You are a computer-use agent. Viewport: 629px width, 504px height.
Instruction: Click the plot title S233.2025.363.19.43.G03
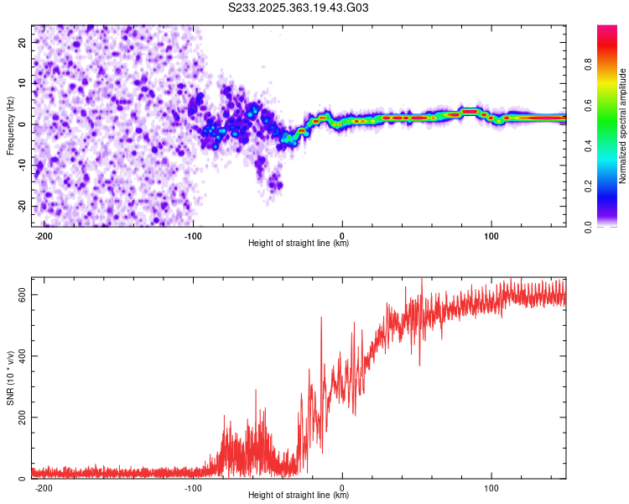pyautogui.click(x=298, y=8)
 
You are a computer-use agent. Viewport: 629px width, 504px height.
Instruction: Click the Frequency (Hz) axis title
pyautogui.click(x=10, y=126)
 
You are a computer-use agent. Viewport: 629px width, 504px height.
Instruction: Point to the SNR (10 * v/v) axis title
pyautogui.click(x=10, y=378)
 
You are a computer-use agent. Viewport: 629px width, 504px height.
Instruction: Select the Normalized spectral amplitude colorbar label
pyautogui.click(x=622, y=126)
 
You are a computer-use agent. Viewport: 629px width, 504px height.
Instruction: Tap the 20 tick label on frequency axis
pyautogui.click(x=23, y=43)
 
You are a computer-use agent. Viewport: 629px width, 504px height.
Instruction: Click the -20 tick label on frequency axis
pyautogui.click(x=23, y=206)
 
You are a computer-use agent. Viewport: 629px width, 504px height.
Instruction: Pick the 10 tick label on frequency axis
pyautogui.click(x=23, y=83)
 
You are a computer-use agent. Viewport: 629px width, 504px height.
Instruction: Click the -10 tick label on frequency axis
pyautogui.click(x=23, y=165)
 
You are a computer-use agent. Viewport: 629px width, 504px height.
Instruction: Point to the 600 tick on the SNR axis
pyautogui.click(x=23, y=295)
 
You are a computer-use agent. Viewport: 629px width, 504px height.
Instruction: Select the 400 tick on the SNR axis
pyautogui.click(x=23, y=356)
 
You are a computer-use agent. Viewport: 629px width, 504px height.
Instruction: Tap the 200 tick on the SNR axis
pyautogui.click(x=23, y=417)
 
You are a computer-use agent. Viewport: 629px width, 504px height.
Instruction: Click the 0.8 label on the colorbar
pyautogui.click(x=588, y=65)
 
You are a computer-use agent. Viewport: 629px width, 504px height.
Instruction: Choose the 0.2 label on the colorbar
pyautogui.click(x=588, y=186)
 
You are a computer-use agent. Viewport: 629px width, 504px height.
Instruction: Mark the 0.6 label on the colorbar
pyautogui.click(x=588, y=105)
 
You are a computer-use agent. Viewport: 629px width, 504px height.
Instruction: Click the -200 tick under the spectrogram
pyautogui.click(x=44, y=236)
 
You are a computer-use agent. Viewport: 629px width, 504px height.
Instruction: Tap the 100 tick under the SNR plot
pyautogui.click(x=491, y=488)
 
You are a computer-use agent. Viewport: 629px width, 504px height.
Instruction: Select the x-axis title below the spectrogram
pyautogui.click(x=299, y=243)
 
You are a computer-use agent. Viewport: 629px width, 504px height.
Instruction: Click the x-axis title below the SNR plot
pyautogui.click(x=299, y=495)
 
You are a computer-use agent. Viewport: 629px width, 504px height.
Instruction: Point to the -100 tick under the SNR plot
pyautogui.click(x=193, y=488)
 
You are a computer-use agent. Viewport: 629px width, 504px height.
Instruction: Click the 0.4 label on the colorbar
pyautogui.click(x=588, y=146)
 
